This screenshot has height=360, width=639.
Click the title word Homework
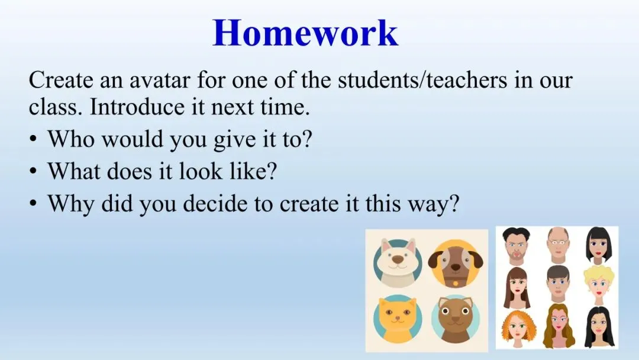[x=305, y=32]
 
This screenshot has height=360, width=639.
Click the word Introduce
[x=137, y=107]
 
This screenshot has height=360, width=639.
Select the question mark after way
[x=453, y=202]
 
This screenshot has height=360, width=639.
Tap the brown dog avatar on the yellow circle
[x=456, y=264]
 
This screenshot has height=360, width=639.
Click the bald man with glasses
[x=557, y=245]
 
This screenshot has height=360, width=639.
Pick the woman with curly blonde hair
[x=599, y=284]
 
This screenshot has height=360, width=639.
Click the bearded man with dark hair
[x=517, y=246]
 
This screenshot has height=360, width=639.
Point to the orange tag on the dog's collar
[x=455, y=282]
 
